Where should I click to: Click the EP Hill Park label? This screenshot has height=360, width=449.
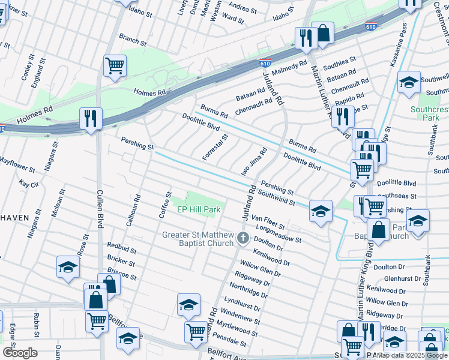click(199, 209)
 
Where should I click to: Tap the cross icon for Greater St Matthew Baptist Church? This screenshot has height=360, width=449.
click(243, 238)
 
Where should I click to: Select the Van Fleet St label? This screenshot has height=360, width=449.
click(268, 221)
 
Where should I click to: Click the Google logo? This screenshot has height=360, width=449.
click(20, 353)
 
